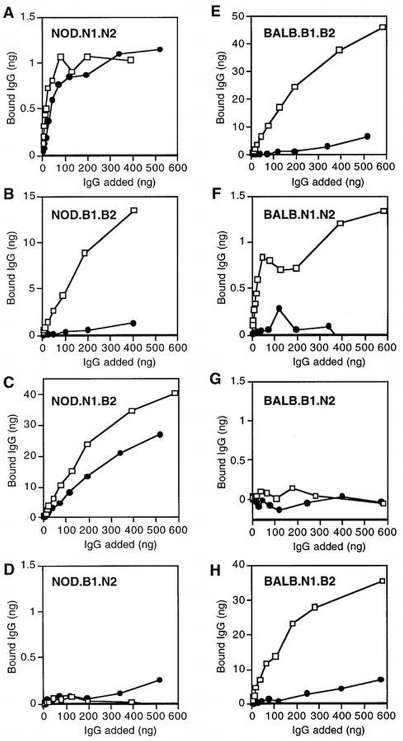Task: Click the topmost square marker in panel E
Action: [382, 27]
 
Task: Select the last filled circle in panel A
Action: [159, 49]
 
